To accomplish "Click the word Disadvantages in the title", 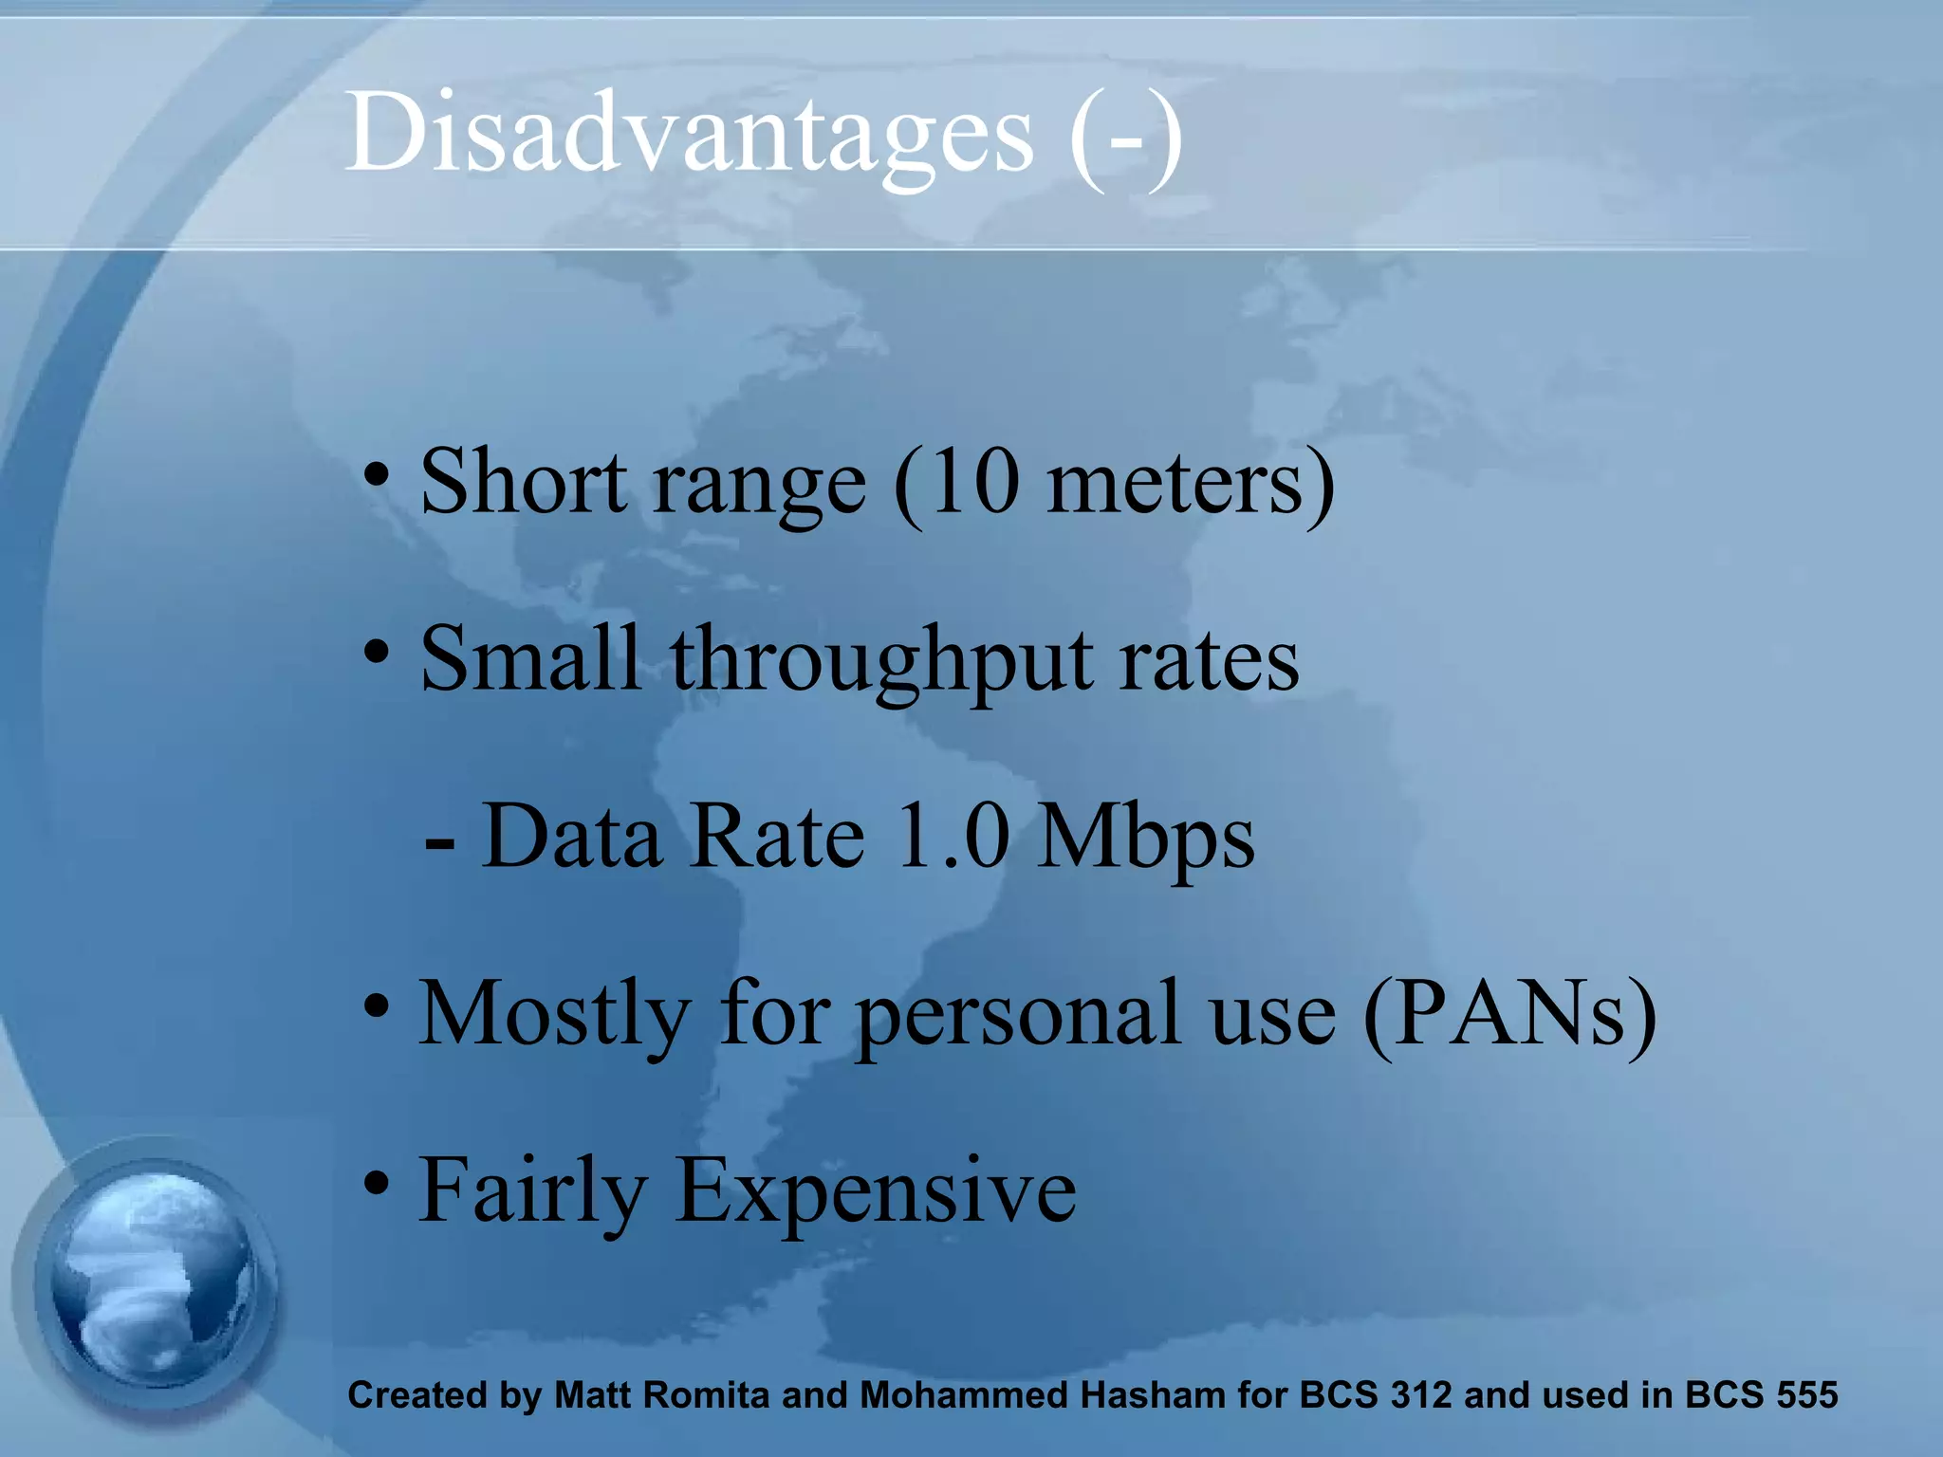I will click(x=689, y=135).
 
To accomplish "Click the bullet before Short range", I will click(x=378, y=473).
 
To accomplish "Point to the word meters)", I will click(x=1190, y=483).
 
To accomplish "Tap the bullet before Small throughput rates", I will click(x=378, y=652).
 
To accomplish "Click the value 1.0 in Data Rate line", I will click(x=952, y=837).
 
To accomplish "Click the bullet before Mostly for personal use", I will click(x=378, y=1005).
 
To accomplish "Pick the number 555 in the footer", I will click(x=1806, y=1395).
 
